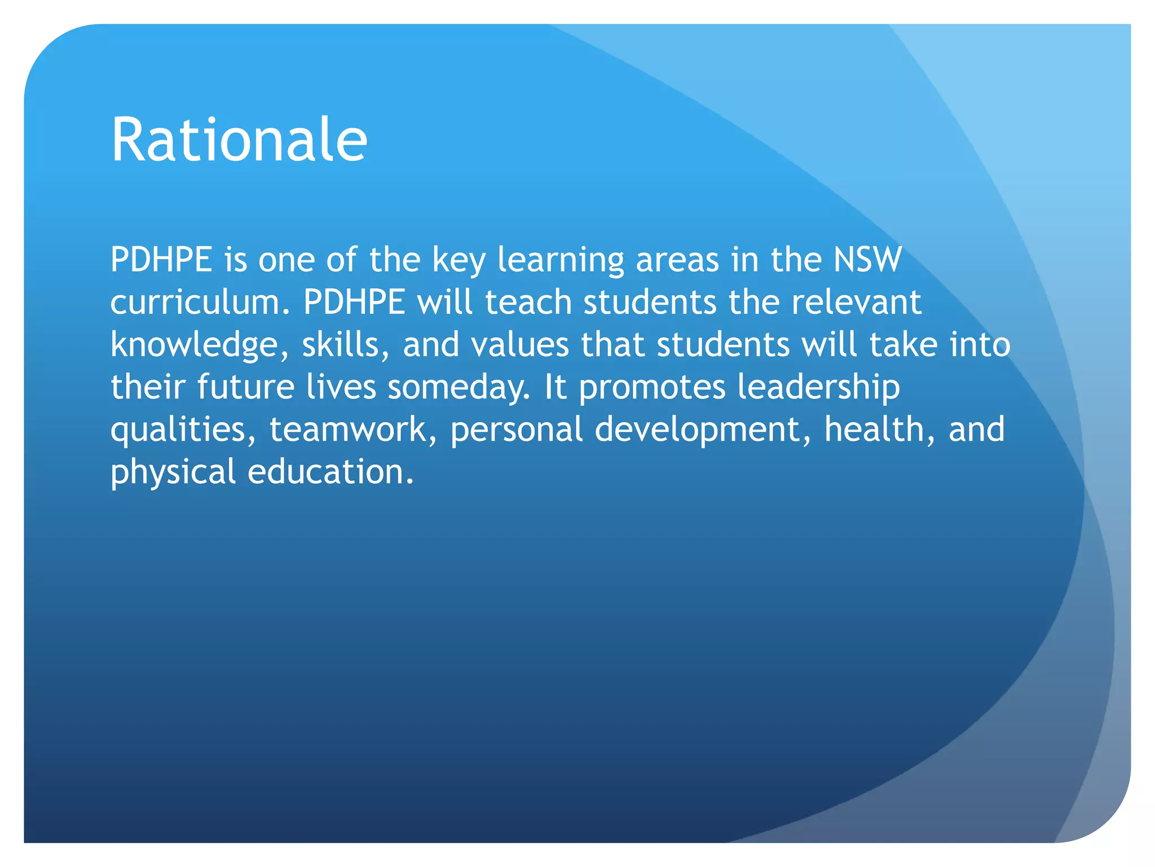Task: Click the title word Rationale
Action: coord(239,139)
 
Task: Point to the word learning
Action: coord(561,261)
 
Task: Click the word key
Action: coord(459,261)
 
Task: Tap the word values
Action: coord(520,345)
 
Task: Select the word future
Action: coord(245,387)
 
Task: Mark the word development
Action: coord(703,430)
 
